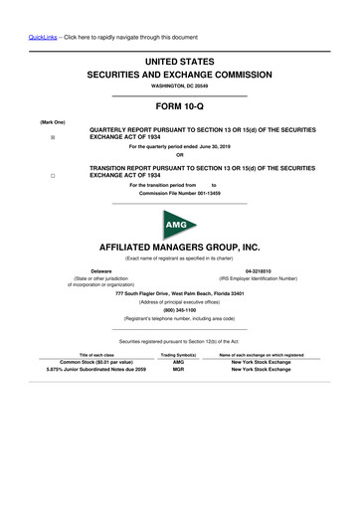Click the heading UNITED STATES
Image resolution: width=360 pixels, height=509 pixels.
click(180, 62)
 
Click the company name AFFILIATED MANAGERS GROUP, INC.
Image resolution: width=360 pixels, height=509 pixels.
click(180, 245)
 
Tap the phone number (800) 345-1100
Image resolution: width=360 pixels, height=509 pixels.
click(180, 309)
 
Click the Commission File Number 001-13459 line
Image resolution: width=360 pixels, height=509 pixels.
click(180, 194)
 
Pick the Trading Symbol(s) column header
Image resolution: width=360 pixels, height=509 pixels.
click(179, 355)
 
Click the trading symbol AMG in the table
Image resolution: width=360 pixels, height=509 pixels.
click(179, 362)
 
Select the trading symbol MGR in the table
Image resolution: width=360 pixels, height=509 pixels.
click(179, 371)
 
